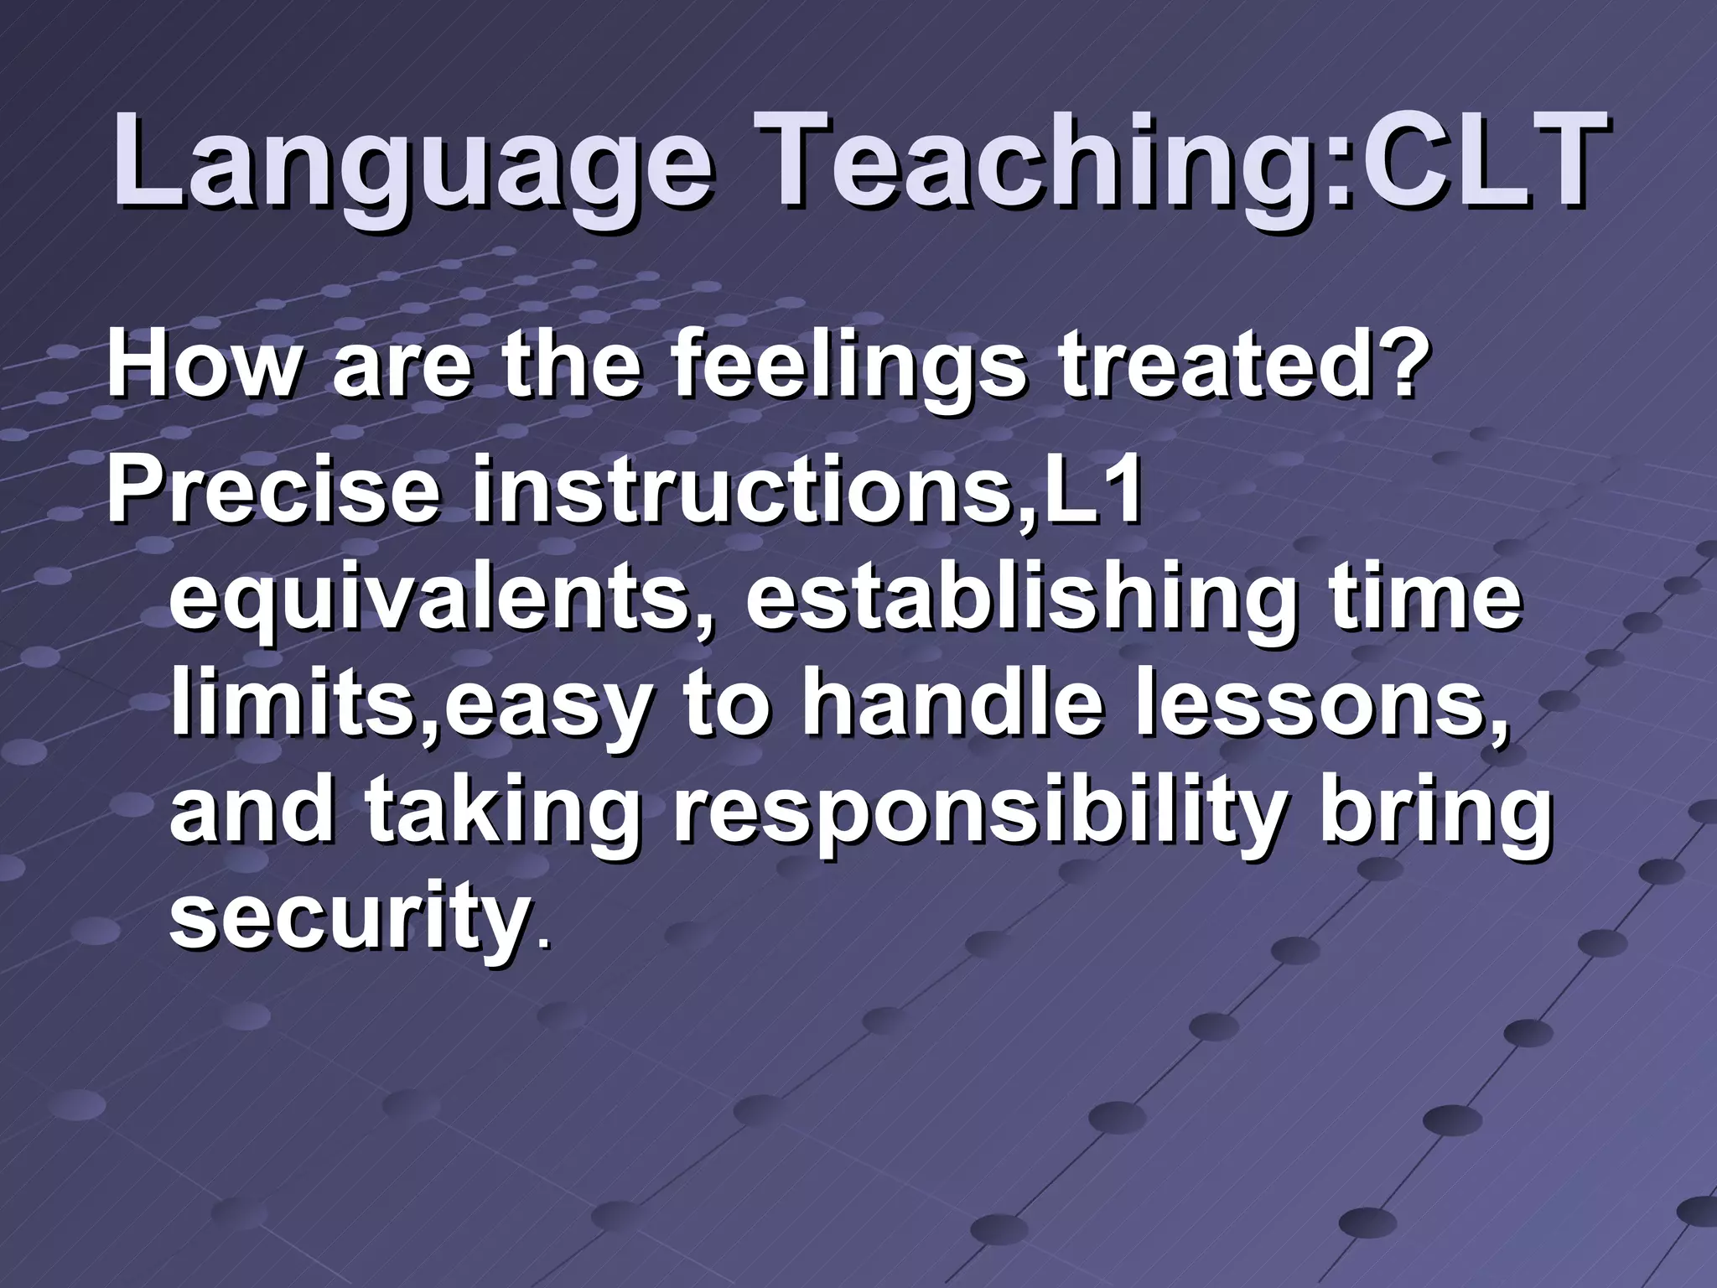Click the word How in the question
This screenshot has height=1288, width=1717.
click(201, 366)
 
